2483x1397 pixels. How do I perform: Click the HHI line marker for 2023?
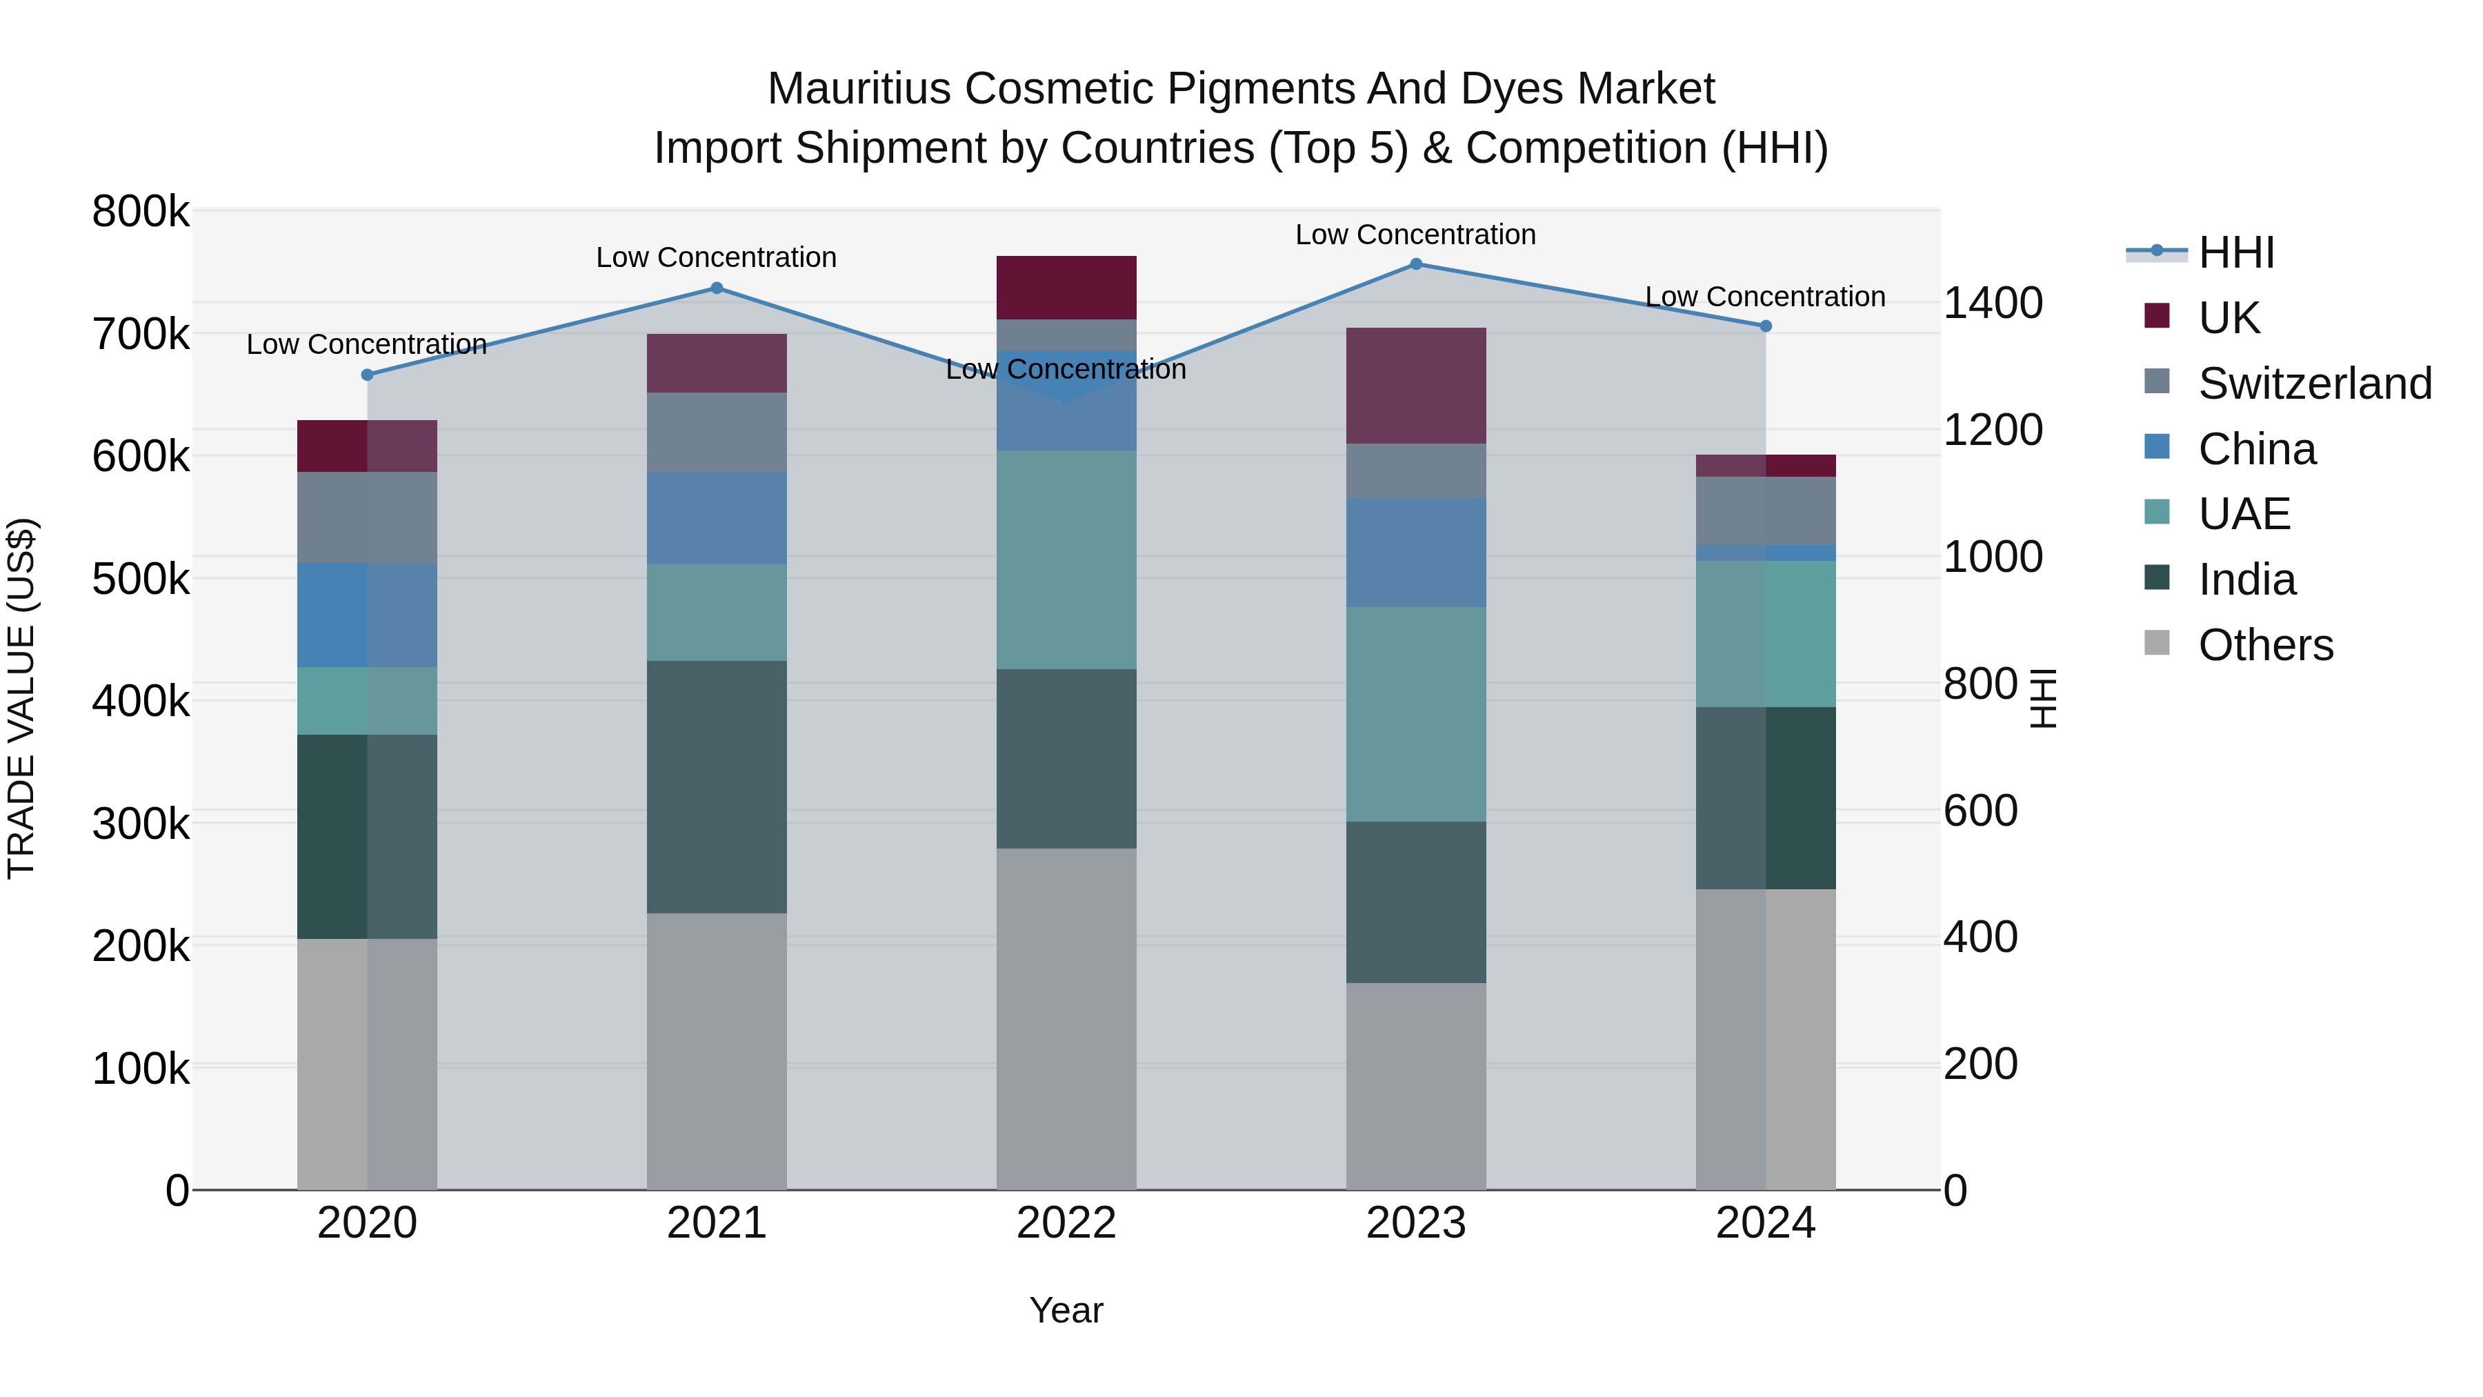1416,264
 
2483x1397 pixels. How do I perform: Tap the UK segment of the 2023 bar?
1416,386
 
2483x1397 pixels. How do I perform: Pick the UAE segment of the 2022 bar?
1066,559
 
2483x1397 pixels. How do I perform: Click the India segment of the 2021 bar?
716,786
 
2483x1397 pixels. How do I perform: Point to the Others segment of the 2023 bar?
1416,1086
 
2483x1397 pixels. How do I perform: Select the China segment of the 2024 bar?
1766,553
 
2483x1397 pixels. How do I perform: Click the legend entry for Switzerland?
2313,384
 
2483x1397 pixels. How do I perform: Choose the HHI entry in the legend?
2236,252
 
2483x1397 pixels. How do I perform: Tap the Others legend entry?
2265,645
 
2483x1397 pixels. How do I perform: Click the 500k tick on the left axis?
141,580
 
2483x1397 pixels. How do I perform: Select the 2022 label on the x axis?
1066,1223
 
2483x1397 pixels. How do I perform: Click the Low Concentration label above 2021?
716,257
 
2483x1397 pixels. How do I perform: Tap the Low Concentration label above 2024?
1765,297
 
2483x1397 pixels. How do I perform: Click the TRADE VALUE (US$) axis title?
21,698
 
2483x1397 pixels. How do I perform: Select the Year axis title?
1066,1310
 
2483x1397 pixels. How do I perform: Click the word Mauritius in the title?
859,90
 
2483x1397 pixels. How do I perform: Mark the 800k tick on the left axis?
141,212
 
